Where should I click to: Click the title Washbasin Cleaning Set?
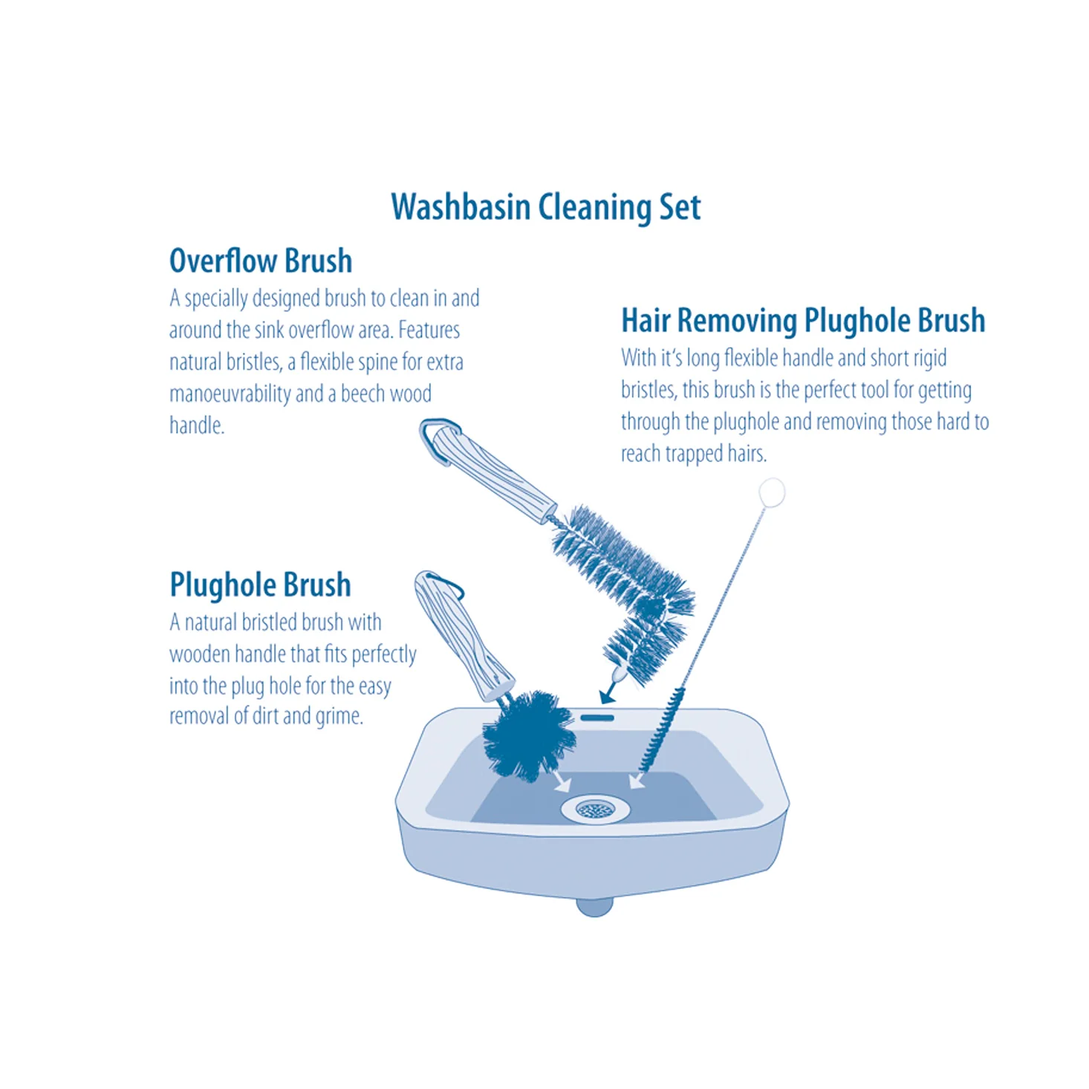[x=545, y=208]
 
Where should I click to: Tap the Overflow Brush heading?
[x=261, y=261]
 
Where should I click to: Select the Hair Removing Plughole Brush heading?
[x=803, y=320]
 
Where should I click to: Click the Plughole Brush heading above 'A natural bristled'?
[x=260, y=585]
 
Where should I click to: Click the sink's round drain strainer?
[x=595, y=810]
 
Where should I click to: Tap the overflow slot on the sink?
[x=596, y=718]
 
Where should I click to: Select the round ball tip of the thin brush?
[x=771, y=493]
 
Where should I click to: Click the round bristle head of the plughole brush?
[x=529, y=735]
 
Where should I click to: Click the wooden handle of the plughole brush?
[x=464, y=637]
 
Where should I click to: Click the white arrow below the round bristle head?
[x=562, y=782]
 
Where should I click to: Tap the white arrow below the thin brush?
[x=637, y=781]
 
